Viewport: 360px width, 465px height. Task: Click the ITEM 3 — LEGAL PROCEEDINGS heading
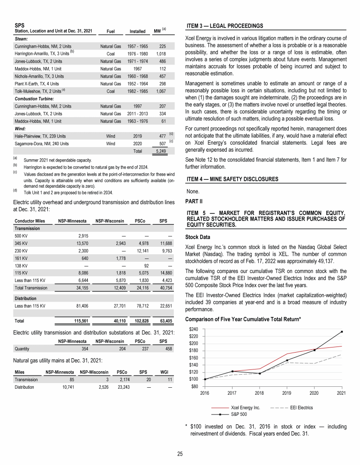coord(225,25)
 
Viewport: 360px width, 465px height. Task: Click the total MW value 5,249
coord(160,151)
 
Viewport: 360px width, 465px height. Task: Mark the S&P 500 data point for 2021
coord(342,332)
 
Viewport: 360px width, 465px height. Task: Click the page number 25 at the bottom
coord(180,453)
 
